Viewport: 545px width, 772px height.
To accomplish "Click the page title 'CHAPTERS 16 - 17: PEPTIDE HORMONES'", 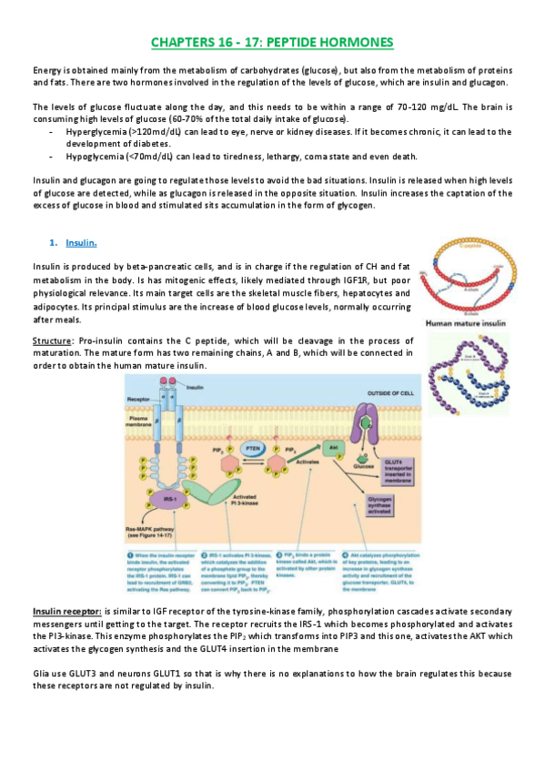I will pos(272,43).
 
